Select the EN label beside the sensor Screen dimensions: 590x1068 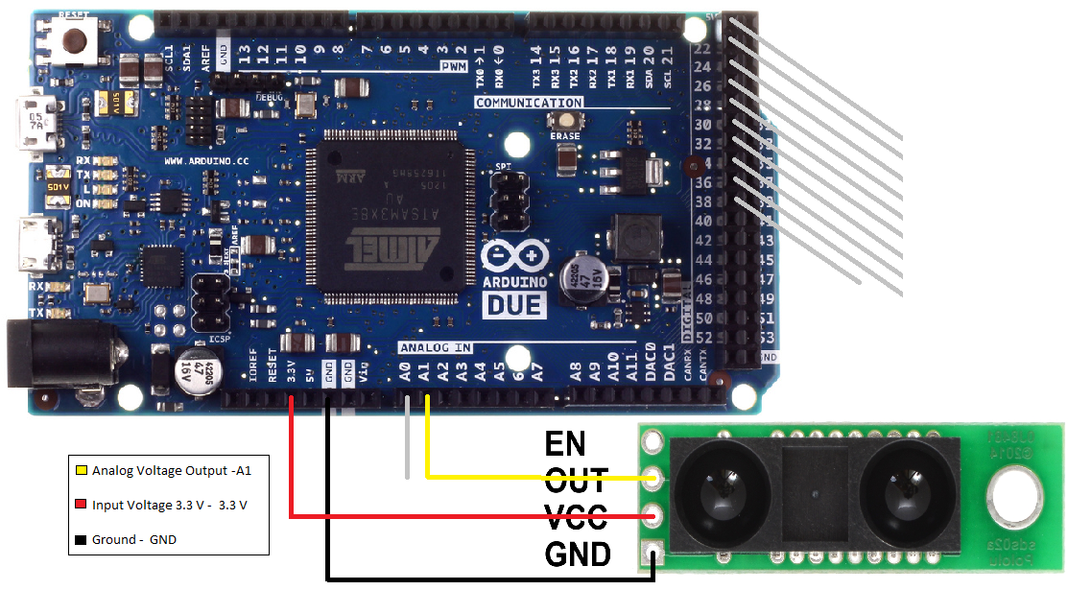565,442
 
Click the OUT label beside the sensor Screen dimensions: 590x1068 576,479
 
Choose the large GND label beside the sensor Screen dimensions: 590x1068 578,554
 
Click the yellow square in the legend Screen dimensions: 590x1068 82,471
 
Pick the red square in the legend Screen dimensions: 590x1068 82,506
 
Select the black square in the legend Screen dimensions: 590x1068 82,540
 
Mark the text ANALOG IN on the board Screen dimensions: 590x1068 435,347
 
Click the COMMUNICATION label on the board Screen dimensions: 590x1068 529,103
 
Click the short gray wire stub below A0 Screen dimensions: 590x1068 407,441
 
